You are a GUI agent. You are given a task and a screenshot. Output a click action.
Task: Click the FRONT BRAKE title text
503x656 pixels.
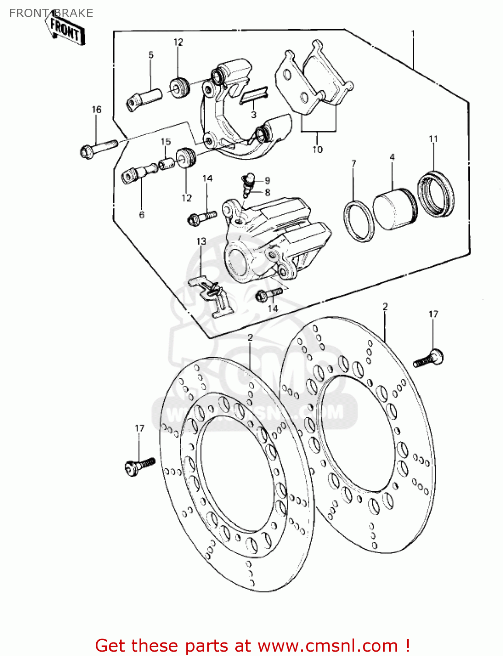pyautogui.click(x=51, y=13)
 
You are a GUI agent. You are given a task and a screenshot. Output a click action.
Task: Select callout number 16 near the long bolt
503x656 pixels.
pyautogui.click(x=96, y=110)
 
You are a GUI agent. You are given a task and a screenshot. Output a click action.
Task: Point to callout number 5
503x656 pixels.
pyautogui.click(x=151, y=55)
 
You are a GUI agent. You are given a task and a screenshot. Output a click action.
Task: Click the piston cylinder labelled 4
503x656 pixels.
pyautogui.click(x=395, y=209)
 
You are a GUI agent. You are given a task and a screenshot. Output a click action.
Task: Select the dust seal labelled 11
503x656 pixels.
pyautogui.click(x=436, y=195)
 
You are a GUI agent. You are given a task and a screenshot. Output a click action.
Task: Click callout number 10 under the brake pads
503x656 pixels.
pyautogui.click(x=317, y=150)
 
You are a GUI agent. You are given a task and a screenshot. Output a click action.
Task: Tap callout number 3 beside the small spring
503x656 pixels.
pyautogui.click(x=254, y=115)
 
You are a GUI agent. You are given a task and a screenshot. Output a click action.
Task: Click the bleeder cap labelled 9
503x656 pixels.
pyautogui.click(x=249, y=178)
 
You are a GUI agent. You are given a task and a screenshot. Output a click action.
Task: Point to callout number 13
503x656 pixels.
pyautogui.click(x=201, y=241)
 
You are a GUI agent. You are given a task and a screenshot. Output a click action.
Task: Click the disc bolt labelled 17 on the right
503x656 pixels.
pyautogui.click(x=429, y=359)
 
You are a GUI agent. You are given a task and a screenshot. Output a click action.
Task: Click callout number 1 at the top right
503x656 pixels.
pyautogui.click(x=412, y=33)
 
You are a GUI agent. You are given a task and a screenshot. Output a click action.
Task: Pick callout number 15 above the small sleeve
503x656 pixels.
pyautogui.click(x=166, y=142)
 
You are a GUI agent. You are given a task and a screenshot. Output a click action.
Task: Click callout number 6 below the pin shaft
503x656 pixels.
pyautogui.click(x=142, y=215)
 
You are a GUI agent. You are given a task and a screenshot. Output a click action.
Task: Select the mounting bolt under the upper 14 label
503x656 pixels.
pyautogui.click(x=202, y=217)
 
